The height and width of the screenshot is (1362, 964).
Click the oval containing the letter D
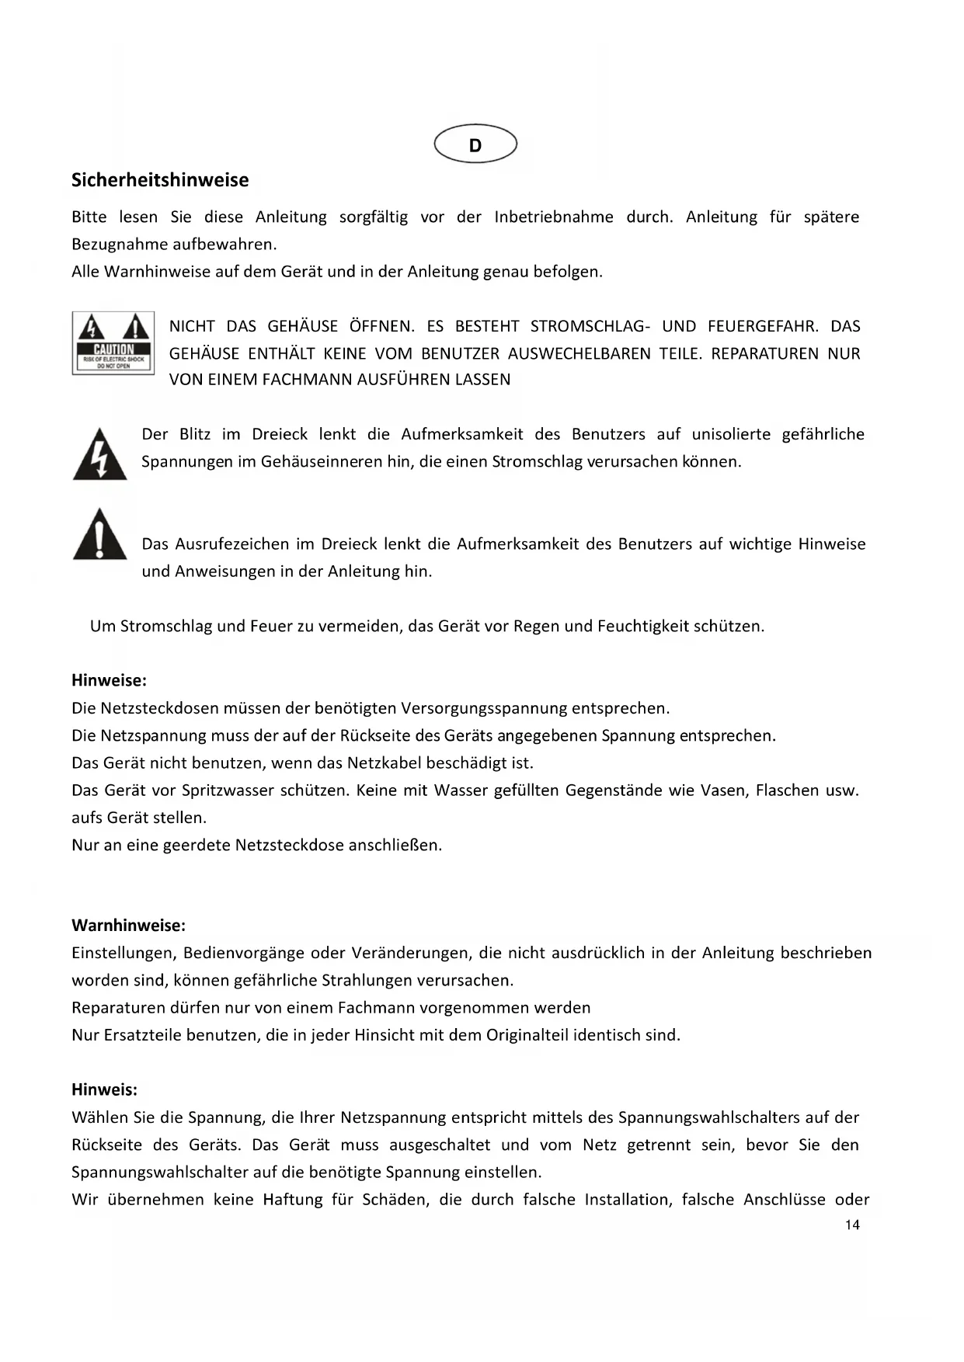(475, 144)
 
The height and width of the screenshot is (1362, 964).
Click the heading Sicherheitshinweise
(160, 180)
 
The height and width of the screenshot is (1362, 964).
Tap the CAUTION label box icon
(113, 342)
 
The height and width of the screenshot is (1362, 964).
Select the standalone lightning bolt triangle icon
(99, 455)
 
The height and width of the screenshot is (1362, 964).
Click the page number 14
(852, 1225)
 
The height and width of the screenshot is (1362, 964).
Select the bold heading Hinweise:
(109, 680)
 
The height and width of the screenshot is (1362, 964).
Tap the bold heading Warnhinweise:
(128, 926)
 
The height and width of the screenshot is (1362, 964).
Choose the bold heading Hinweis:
(104, 1089)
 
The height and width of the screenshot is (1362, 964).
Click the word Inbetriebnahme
(553, 217)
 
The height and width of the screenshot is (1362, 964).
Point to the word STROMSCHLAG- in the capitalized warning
(590, 326)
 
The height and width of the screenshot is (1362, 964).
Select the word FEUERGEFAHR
(763, 326)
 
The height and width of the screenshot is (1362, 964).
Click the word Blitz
(194, 434)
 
